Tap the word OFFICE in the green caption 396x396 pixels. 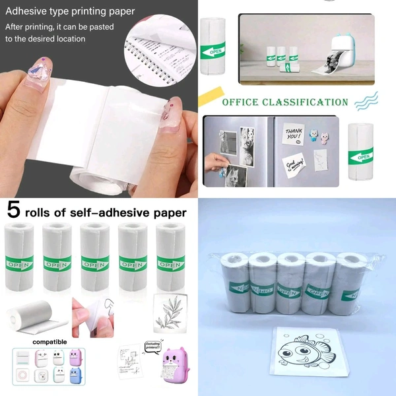pos(243,102)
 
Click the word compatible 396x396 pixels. pos(50,343)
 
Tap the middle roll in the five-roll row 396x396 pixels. pos(96,257)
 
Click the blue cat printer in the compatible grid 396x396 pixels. pos(73,376)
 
